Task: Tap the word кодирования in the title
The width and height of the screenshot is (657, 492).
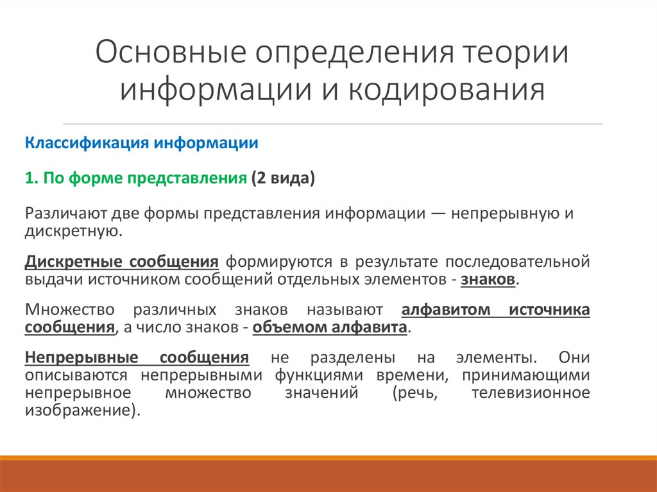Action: click(447, 90)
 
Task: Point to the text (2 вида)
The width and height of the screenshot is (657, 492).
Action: click(283, 179)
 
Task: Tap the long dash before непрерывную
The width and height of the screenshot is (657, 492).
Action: click(436, 214)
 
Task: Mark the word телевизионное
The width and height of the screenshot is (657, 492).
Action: click(530, 393)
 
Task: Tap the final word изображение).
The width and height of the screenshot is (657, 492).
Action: click(82, 409)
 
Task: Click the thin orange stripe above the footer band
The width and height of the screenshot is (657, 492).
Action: click(328, 457)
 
